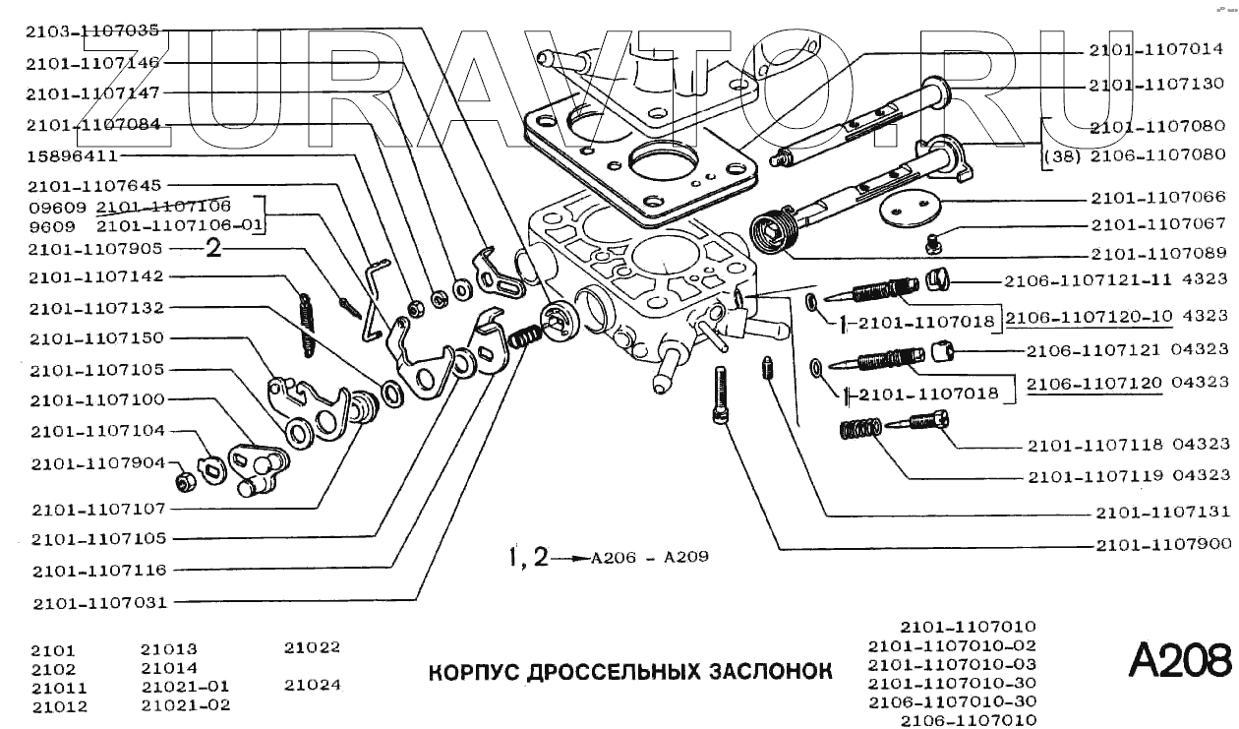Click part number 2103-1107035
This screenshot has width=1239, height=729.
(94, 31)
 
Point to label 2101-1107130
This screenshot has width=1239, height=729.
(1156, 86)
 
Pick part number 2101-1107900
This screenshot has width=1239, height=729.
(1163, 543)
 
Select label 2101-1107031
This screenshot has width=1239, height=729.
(98, 602)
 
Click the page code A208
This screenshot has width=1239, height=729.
(1178, 660)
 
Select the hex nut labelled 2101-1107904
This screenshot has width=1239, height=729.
(182, 481)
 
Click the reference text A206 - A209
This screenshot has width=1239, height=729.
(649, 557)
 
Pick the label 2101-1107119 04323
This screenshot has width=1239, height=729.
(1128, 476)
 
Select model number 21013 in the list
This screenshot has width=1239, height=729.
(169, 649)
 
